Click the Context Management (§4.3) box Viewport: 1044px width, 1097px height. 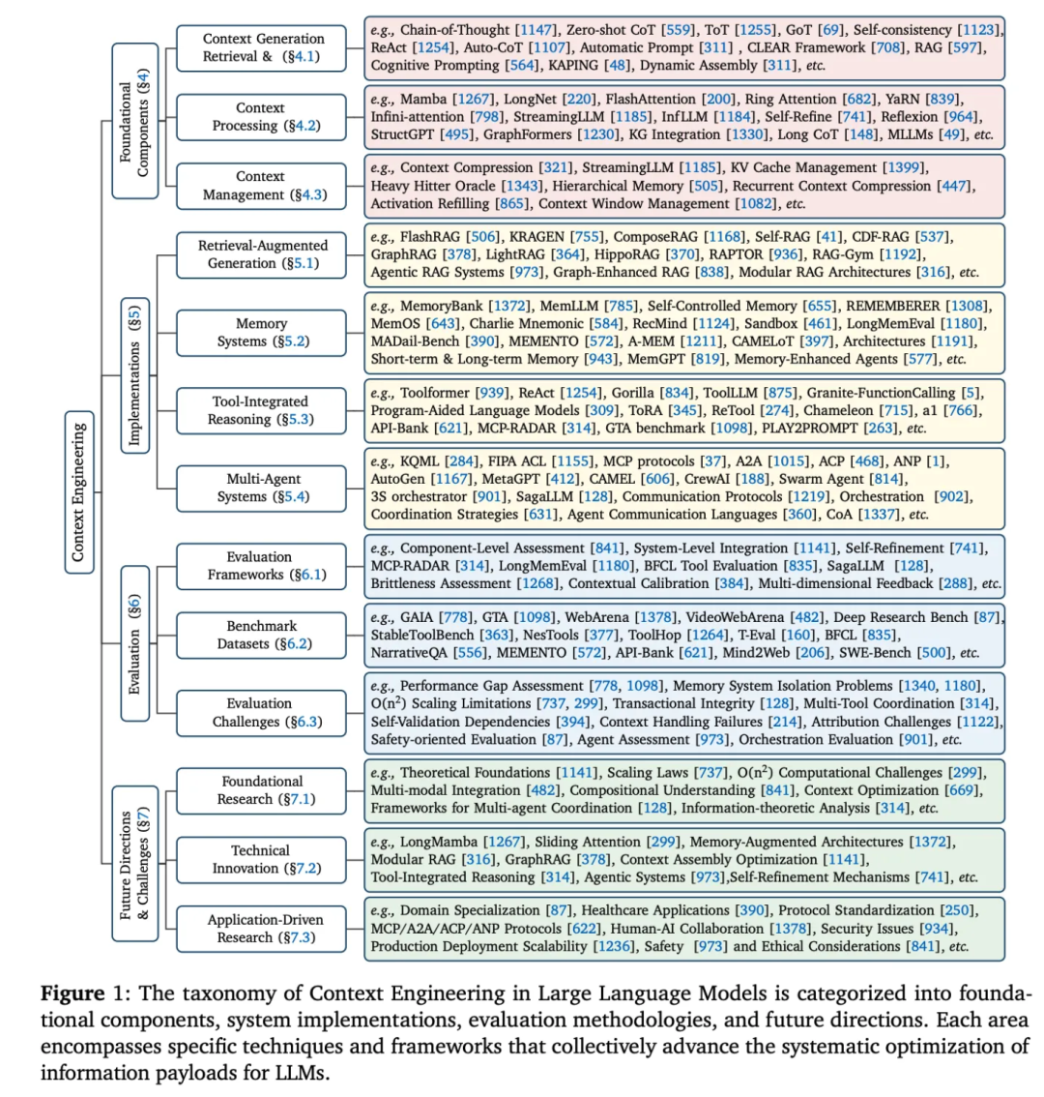tap(261, 186)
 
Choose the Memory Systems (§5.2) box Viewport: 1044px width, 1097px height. tap(261, 332)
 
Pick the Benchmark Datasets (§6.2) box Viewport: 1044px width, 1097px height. tap(261, 635)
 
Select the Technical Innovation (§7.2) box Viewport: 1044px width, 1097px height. tap(261, 859)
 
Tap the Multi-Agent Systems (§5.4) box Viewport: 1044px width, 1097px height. tap(261, 488)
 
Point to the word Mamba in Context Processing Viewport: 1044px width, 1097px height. tap(424, 98)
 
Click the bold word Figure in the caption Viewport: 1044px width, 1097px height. tap(72, 993)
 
